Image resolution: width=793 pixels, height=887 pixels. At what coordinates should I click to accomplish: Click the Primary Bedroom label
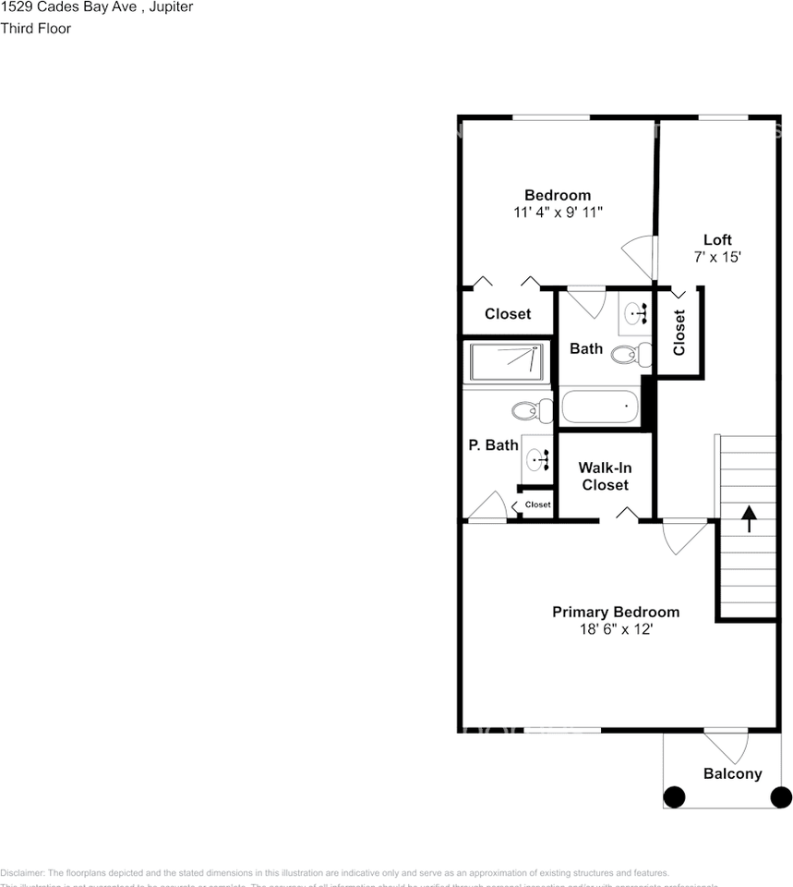click(x=615, y=612)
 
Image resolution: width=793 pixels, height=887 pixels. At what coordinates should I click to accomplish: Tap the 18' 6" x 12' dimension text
click(x=615, y=629)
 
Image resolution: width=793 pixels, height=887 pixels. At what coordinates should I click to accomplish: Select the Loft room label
click(x=717, y=240)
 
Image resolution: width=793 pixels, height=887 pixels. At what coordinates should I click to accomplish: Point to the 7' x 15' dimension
click(x=717, y=258)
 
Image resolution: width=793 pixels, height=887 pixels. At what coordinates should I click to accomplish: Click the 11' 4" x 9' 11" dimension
click(x=558, y=212)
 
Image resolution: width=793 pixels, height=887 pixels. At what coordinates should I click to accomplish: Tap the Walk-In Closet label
click(x=605, y=476)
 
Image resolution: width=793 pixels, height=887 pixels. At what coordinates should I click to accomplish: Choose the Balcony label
click(x=732, y=774)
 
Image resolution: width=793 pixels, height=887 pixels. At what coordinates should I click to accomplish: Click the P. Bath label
click(x=493, y=445)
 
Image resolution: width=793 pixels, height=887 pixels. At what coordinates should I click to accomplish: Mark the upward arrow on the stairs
click(x=748, y=518)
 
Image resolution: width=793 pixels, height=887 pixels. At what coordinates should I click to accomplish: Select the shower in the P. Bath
click(x=506, y=361)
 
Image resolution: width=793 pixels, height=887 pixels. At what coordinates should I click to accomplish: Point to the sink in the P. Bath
click(x=536, y=456)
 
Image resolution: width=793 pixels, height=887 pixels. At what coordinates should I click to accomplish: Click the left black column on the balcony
click(x=674, y=796)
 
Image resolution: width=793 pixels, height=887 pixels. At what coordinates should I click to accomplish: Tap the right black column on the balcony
click(x=781, y=796)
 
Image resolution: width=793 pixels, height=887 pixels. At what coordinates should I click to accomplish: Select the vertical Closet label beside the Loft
click(x=679, y=332)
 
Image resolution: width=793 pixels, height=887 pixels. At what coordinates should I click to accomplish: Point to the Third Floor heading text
click(x=36, y=29)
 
